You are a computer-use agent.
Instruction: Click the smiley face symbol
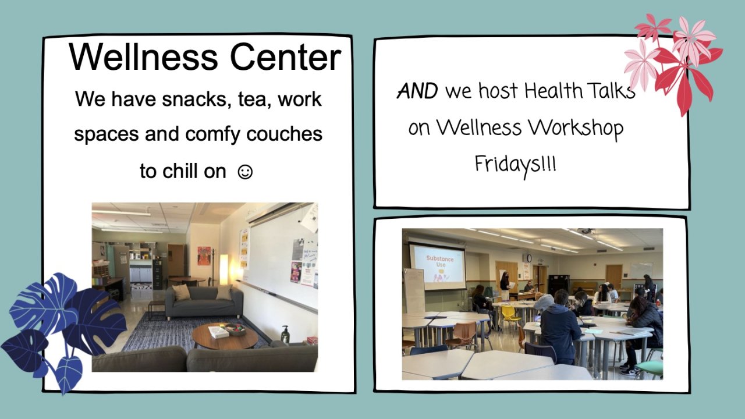point(245,172)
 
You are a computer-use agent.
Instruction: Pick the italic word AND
point(418,91)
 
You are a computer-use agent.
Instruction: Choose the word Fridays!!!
point(515,165)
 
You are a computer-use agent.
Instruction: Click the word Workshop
point(576,128)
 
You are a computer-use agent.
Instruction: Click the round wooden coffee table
point(225,336)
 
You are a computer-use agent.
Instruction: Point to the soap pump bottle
point(285,334)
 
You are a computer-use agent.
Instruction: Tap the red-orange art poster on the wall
point(204,255)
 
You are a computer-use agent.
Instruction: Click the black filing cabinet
point(157,274)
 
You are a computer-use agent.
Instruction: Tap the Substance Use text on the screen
point(439,261)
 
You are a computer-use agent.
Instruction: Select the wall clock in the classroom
point(529,258)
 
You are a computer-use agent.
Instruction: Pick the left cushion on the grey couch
point(181,292)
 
